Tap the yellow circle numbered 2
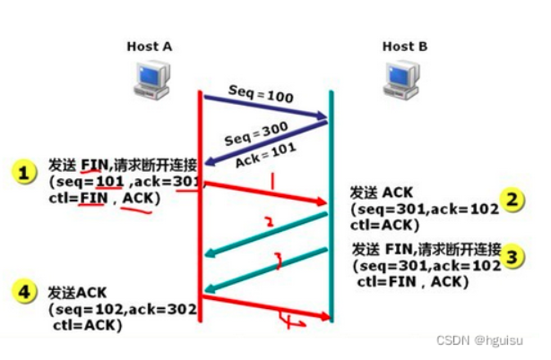(x=512, y=200)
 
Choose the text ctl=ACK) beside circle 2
(x=382, y=225)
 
